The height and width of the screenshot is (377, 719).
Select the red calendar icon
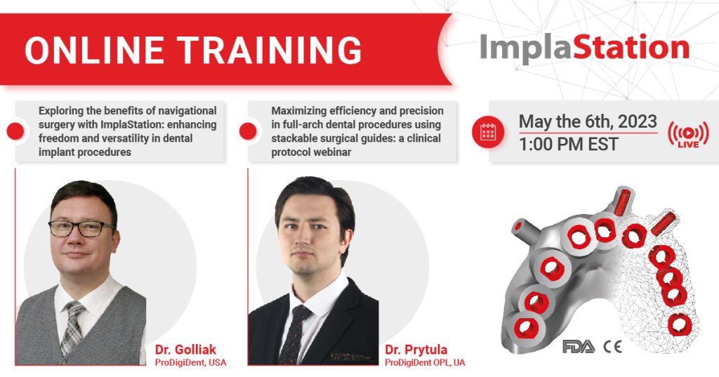click(x=488, y=133)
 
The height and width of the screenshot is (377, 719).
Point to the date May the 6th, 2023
click(x=587, y=121)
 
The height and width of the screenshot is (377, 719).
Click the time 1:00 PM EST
click(x=569, y=145)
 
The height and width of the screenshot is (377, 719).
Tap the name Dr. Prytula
click(x=418, y=350)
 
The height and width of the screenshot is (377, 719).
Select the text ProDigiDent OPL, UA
click(x=424, y=362)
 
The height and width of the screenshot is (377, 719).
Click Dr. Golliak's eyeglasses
click(x=81, y=228)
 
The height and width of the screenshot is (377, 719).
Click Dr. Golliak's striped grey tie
click(x=72, y=327)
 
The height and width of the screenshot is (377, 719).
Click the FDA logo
click(x=578, y=346)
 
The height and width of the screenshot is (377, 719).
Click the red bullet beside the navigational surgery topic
click(x=15, y=131)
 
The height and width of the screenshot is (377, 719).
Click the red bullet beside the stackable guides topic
click(x=247, y=131)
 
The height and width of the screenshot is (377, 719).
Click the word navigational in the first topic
click(x=183, y=111)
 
